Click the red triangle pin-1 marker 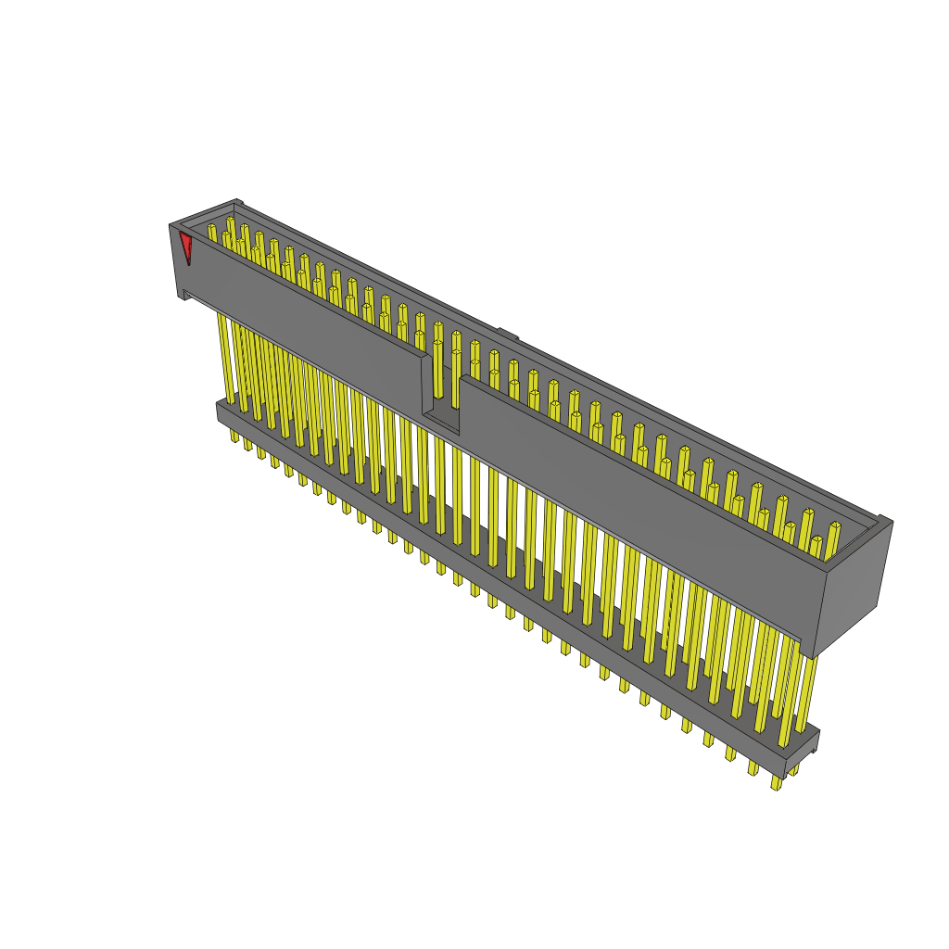(x=186, y=247)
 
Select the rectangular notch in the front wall (x=441, y=389)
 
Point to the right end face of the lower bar (x=803, y=753)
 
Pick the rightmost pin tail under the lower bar (x=777, y=782)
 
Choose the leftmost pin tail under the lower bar (x=234, y=436)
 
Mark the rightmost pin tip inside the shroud (x=834, y=528)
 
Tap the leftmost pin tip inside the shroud (x=211, y=228)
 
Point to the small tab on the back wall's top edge (x=508, y=334)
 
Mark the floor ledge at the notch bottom (x=441, y=419)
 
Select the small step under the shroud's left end (x=186, y=295)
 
